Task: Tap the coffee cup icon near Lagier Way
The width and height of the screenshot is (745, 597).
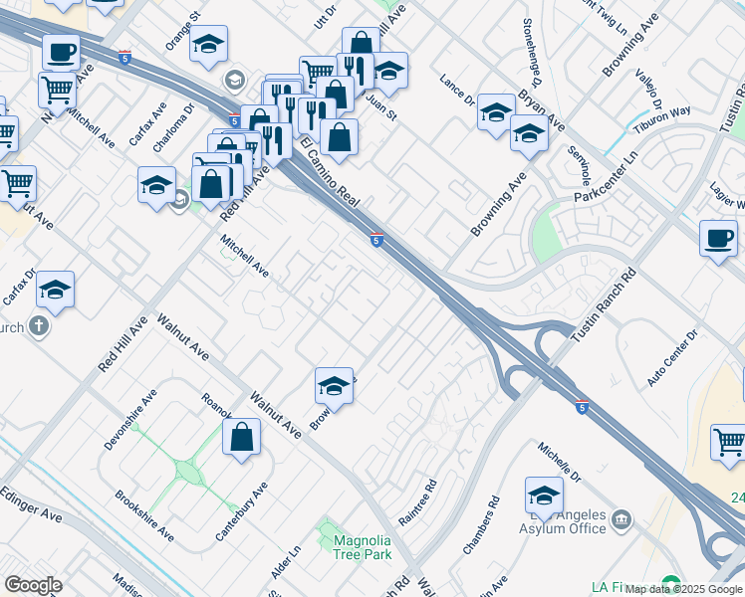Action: click(x=718, y=239)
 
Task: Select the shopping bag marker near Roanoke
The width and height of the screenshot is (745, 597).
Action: click(x=242, y=437)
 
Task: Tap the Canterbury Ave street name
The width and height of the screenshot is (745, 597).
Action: click(x=242, y=512)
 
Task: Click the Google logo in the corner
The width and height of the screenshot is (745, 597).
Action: click(x=34, y=585)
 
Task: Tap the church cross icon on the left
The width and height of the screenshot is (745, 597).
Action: click(x=39, y=326)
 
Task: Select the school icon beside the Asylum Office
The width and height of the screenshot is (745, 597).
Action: click(x=544, y=495)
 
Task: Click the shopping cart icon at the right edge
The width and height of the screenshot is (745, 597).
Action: click(x=728, y=440)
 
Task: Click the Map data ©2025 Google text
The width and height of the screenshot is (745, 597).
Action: click(x=684, y=589)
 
